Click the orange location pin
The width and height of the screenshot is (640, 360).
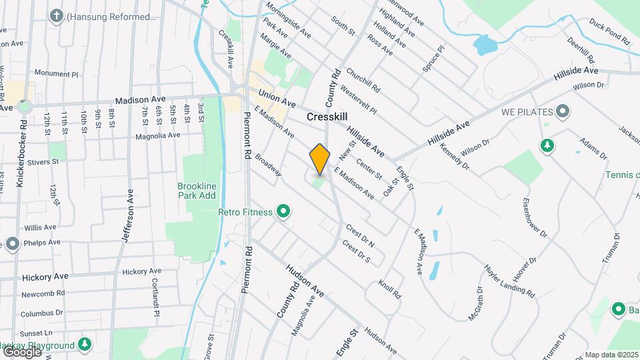(320, 159)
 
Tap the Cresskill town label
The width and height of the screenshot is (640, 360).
(329, 116)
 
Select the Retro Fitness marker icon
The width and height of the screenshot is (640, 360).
(283, 212)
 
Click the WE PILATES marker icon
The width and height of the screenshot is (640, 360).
(563, 111)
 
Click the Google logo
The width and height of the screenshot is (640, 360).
(21, 351)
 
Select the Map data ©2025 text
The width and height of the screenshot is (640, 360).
(611, 355)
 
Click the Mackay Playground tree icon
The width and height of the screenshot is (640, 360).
(84, 345)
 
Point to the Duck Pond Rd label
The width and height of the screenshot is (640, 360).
(609, 31)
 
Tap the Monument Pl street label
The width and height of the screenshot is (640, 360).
(56, 73)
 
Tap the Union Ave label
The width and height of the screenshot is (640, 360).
(277, 99)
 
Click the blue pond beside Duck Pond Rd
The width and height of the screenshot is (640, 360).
(483, 45)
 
